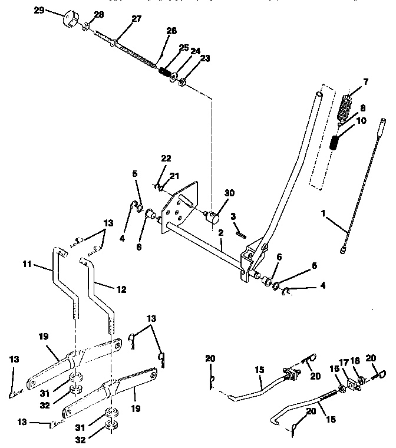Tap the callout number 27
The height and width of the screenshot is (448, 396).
pyautogui.click(x=136, y=19)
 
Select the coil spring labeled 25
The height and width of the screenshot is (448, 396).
pyautogui.click(x=164, y=73)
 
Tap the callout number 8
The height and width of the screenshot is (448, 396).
pyautogui.click(x=362, y=108)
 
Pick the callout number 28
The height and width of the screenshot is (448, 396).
pyautogui.click(x=98, y=14)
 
